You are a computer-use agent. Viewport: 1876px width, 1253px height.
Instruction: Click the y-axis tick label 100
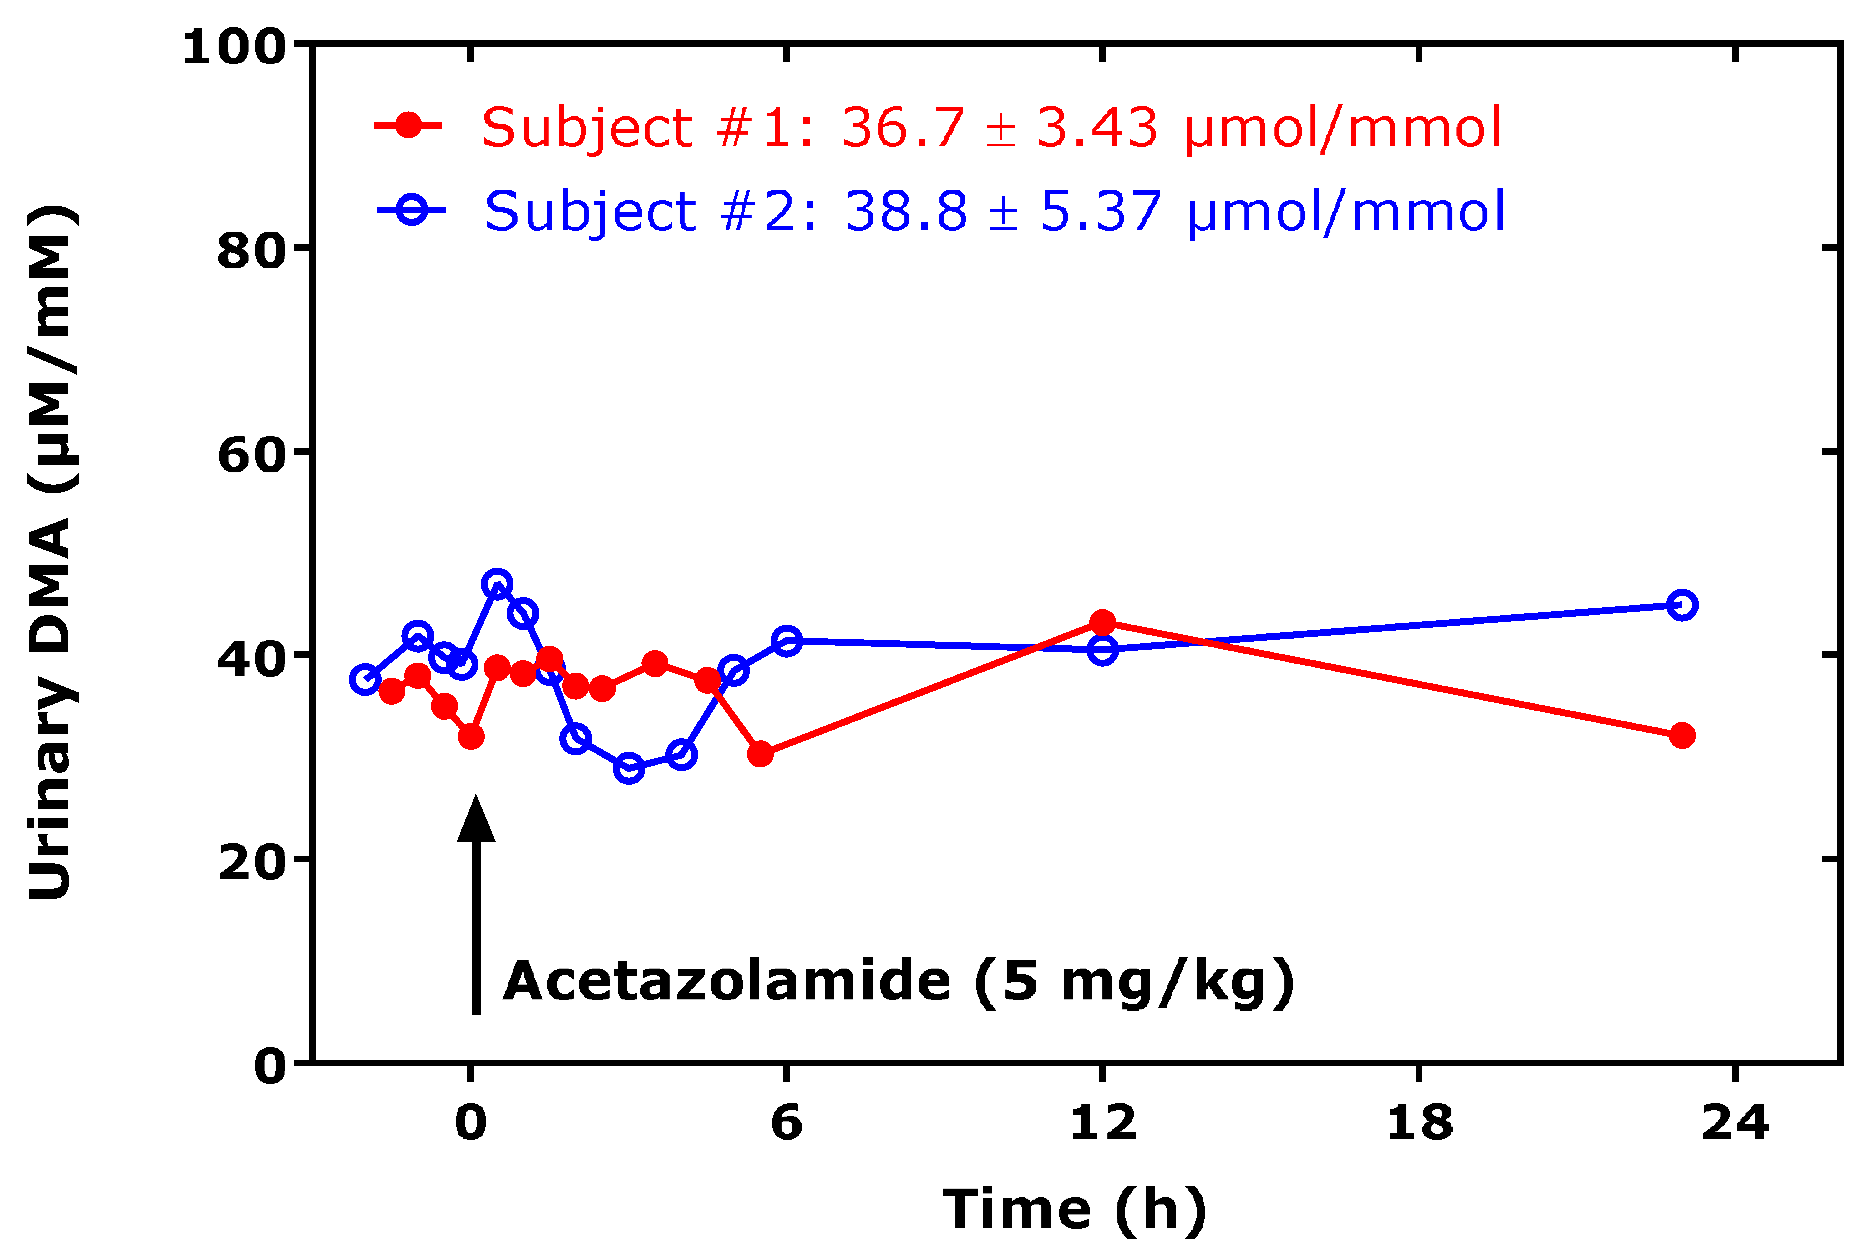coord(234,47)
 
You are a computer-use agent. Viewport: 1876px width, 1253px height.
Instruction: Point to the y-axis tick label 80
coord(252,251)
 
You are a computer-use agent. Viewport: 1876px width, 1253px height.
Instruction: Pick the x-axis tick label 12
coord(1103,1123)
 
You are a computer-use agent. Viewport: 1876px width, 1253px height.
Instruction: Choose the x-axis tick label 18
coord(1419,1123)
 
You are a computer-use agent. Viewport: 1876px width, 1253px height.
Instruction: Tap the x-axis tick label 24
coord(1735,1123)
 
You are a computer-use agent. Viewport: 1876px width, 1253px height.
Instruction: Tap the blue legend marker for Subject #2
coord(412,210)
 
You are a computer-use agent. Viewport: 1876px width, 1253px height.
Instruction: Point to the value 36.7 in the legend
coord(903,128)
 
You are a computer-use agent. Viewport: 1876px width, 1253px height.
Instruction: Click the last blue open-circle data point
coord(1682,605)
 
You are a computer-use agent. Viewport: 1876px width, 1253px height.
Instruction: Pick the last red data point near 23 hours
coord(1682,735)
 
